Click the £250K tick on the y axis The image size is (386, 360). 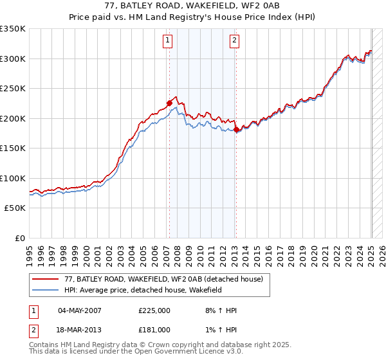(x=12, y=88)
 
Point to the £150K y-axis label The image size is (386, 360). (x=12, y=148)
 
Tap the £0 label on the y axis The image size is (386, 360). (x=19, y=238)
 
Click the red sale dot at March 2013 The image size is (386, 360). (x=236, y=129)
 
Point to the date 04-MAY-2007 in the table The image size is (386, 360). (x=80, y=310)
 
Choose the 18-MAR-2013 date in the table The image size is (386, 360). (x=80, y=329)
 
